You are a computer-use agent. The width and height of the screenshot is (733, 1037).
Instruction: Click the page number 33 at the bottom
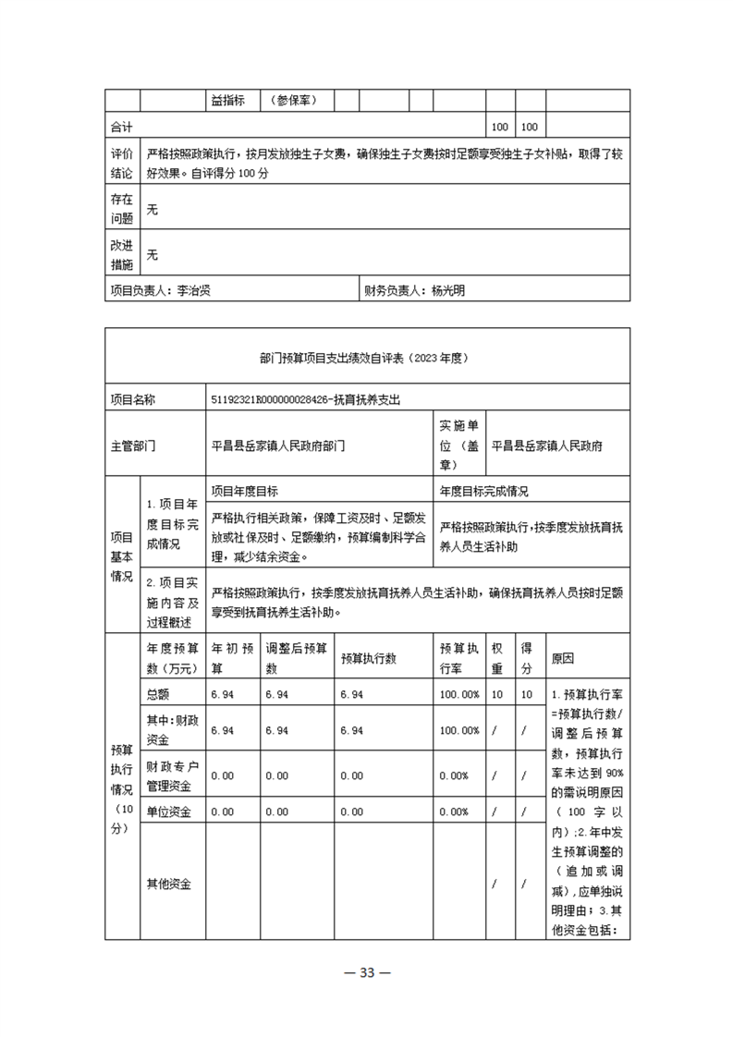tap(366, 972)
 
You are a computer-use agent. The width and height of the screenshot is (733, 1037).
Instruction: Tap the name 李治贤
tap(194, 290)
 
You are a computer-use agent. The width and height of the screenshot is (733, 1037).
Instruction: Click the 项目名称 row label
tap(133, 399)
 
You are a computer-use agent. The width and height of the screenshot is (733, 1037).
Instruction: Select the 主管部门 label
tap(133, 445)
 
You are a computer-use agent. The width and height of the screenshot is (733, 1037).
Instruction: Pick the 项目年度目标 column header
tap(245, 491)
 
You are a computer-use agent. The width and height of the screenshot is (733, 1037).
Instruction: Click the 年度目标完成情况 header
tap(483, 491)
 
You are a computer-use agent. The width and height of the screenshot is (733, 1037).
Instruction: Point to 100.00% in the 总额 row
tap(459, 694)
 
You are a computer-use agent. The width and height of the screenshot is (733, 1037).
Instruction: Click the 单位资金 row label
tap(169, 811)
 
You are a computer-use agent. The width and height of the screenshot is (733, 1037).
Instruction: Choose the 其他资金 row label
tap(169, 884)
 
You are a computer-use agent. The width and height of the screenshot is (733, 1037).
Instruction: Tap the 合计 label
tap(122, 126)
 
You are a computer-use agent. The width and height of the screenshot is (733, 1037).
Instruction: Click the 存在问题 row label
tap(122, 209)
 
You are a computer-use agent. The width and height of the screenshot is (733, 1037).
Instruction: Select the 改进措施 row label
tap(122, 254)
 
